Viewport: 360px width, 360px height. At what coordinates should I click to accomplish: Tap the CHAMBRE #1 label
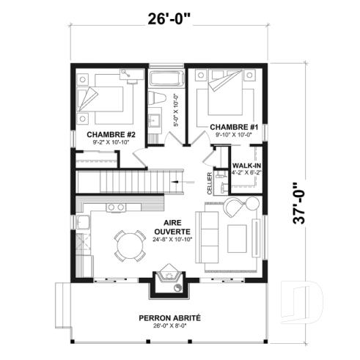[231, 127]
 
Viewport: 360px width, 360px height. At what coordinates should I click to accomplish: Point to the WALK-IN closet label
[246, 166]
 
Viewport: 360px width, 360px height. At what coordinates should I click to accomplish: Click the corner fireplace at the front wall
[167, 282]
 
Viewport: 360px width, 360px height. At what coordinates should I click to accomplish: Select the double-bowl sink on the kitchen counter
[116, 207]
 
